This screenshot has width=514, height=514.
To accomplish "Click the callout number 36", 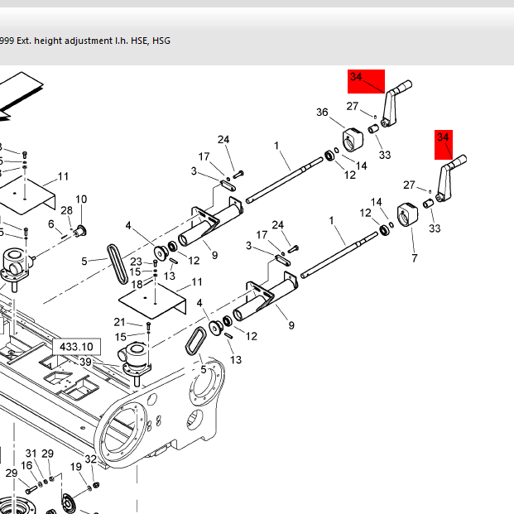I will point(322,113).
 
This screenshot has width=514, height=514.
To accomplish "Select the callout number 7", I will point(414,258).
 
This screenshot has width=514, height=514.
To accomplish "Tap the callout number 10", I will point(81,199).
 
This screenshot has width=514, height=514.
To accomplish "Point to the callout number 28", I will point(66,211).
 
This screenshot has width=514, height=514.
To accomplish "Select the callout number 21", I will point(119,322).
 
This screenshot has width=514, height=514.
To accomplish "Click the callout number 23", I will point(137,262).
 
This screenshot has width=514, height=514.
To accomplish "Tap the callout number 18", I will point(137,284).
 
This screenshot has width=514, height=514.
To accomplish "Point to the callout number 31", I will point(31,454).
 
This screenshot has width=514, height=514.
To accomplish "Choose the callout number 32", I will point(91,459).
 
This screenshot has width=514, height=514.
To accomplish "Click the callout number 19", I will point(75,467).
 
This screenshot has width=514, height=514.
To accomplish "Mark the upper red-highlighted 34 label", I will point(357,78).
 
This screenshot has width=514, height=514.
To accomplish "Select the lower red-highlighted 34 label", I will point(443,137).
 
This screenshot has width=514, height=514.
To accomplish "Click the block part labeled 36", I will point(353,138).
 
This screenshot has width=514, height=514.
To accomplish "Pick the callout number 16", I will point(26,466).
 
